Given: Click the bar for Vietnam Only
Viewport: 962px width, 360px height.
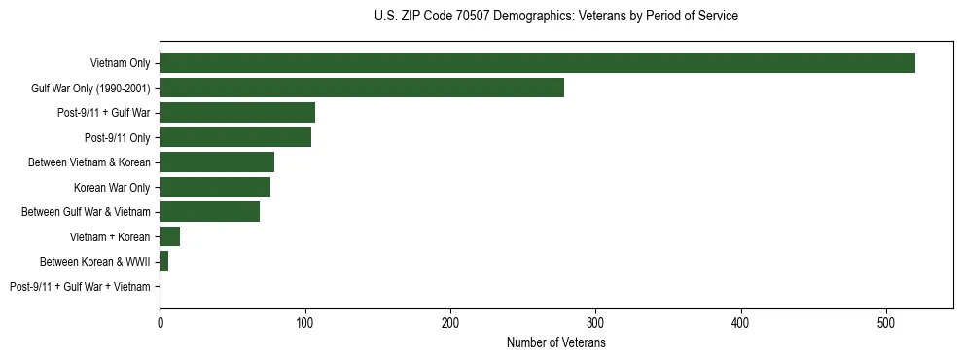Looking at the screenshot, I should [x=537, y=63].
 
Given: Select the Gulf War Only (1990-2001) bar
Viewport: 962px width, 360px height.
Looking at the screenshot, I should [x=362, y=89].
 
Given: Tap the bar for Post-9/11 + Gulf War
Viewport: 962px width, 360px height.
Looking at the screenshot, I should [x=237, y=113].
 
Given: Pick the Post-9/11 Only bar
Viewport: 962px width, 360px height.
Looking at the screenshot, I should [x=235, y=137].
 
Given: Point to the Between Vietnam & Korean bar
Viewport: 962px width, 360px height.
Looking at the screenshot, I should [x=217, y=162].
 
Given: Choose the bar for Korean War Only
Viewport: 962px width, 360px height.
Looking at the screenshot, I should [x=215, y=187].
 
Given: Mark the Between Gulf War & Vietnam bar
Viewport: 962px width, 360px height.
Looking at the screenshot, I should [x=210, y=212].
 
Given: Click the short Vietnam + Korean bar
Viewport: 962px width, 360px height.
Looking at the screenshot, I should [x=170, y=236].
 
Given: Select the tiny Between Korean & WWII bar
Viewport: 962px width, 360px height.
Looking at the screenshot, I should [x=164, y=262].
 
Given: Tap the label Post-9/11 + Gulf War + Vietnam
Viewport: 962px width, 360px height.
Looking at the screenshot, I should [x=80, y=287].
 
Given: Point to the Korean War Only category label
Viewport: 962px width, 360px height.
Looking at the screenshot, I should [x=112, y=188].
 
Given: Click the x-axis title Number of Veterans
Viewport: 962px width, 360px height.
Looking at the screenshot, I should [x=556, y=343].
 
